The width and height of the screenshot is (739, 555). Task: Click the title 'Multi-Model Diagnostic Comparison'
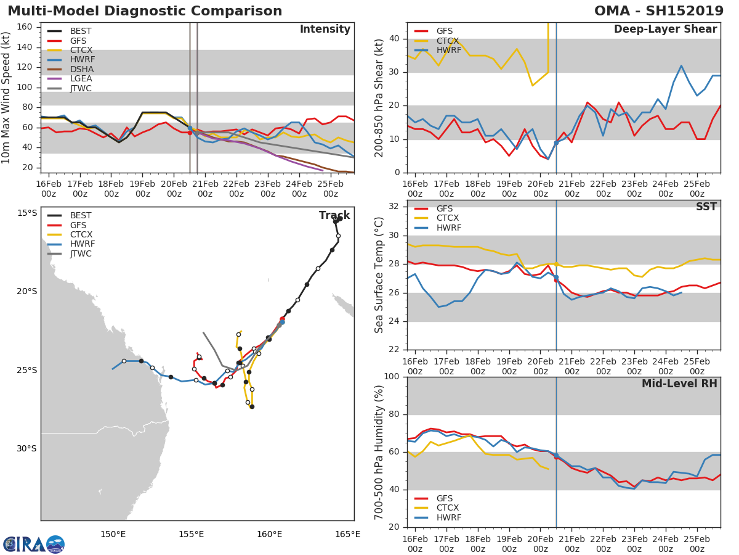click(145, 11)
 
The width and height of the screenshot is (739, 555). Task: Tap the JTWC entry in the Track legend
click(81, 253)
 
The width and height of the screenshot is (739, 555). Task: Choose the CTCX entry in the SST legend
click(448, 218)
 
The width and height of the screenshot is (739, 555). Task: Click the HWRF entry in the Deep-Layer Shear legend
click(448, 50)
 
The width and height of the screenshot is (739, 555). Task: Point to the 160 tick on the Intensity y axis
click(25, 27)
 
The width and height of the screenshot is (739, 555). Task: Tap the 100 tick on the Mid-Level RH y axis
click(390, 377)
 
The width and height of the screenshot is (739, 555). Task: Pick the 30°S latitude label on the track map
click(26, 448)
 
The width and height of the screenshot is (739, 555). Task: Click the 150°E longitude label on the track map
click(113, 534)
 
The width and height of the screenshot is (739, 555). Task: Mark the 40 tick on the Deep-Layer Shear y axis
click(393, 39)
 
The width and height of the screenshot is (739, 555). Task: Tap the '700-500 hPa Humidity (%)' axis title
click(379, 452)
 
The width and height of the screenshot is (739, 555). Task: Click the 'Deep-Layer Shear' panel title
click(665, 30)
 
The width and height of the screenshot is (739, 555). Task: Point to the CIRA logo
click(34, 545)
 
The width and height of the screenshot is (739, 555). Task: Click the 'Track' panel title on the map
click(334, 215)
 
